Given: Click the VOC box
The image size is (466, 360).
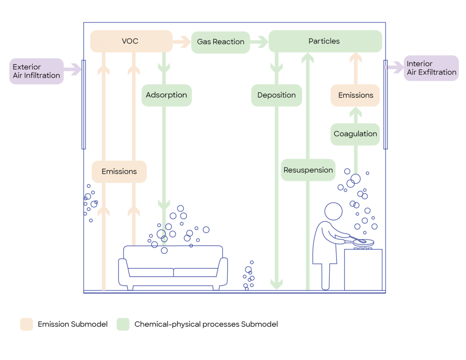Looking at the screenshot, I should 131,41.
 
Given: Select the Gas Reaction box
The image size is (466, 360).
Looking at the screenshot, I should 220,42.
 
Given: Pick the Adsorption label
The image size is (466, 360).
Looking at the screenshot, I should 166,95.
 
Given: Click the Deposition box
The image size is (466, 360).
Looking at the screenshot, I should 276,95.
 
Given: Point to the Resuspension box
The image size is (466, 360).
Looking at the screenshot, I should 308,170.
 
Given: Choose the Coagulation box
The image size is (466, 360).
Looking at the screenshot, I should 355,134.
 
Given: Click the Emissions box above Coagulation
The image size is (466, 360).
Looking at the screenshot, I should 355,95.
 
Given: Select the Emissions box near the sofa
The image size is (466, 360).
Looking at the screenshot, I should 119,171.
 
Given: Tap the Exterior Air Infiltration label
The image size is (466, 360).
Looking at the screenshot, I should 36,71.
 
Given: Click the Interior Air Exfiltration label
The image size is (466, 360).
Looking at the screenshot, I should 431,68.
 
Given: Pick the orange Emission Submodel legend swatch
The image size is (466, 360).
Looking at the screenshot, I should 27,324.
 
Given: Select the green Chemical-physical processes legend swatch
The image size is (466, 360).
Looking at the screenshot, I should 123,324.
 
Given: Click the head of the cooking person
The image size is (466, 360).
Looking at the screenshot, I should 334,211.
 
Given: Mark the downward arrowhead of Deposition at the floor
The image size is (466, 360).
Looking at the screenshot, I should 276,284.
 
